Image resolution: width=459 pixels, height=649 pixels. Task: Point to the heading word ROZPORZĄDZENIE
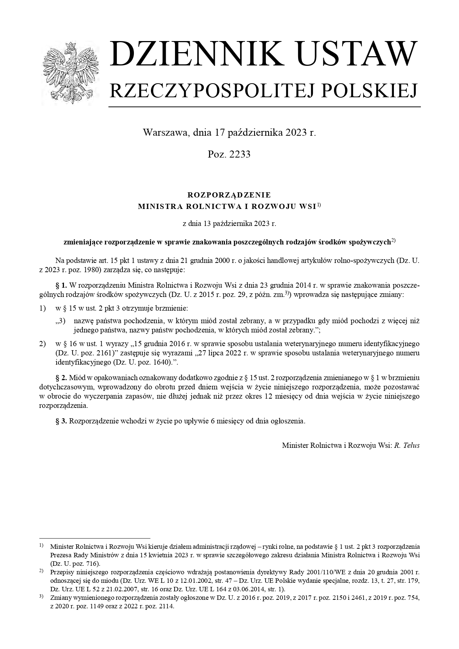(229, 195)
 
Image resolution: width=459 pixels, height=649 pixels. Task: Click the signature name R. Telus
(407, 445)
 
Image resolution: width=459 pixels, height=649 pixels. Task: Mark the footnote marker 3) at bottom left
(41, 596)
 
